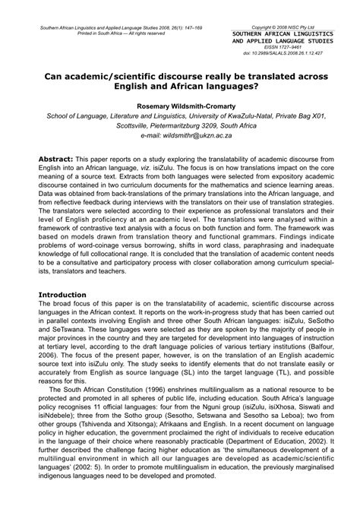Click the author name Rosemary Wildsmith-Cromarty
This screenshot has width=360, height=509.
[179, 106]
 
